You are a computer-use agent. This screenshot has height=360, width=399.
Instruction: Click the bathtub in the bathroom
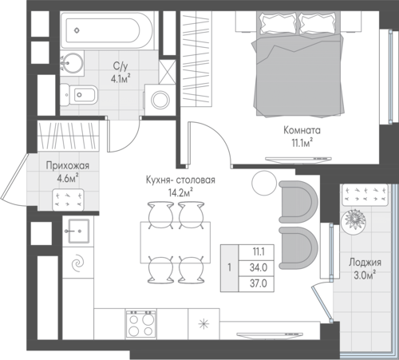point(106,30)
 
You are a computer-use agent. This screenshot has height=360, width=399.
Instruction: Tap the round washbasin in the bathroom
point(71,63)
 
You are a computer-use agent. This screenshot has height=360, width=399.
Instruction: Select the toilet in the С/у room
point(78,95)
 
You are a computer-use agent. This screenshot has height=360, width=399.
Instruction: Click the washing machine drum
point(160,100)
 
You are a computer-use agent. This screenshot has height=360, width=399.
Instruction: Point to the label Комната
point(302,130)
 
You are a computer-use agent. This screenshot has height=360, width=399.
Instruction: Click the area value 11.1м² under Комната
point(302,143)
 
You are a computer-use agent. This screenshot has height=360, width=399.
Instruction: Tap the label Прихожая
point(68,166)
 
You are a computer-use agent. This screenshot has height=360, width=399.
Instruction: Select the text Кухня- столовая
point(180,180)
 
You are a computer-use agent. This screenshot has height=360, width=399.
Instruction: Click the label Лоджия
point(365,263)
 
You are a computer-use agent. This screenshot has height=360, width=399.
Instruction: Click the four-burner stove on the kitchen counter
point(141,324)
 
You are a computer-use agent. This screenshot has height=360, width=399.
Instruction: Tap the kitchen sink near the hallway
point(78,231)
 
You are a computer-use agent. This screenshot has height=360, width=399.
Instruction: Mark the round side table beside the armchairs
point(264,183)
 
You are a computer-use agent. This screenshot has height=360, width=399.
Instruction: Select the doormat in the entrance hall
point(69,200)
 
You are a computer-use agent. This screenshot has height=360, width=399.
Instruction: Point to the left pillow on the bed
point(279,23)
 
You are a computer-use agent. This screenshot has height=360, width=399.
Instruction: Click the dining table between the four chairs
point(176,242)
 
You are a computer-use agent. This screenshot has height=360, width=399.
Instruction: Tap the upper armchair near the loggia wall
point(298,202)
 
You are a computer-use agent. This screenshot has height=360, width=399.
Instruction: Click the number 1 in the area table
point(229,267)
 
